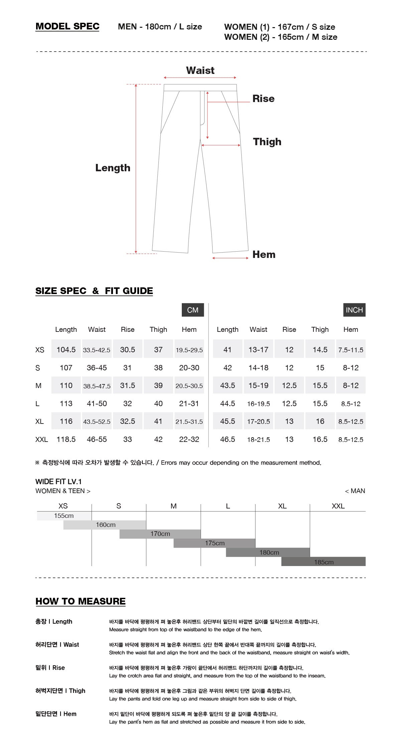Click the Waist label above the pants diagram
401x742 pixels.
(200, 71)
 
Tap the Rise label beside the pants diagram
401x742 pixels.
(263, 99)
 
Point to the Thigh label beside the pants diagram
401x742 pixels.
(267, 142)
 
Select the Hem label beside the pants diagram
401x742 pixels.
(264, 255)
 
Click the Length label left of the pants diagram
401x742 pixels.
(113, 168)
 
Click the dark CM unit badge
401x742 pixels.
(192, 310)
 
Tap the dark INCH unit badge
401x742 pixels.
(354, 310)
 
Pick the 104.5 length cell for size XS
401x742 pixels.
(66, 350)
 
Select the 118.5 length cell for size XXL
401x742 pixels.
(66, 439)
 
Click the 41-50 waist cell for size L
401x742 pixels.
(97, 403)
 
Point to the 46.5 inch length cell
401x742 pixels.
(227, 439)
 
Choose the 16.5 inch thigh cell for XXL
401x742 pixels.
(320, 439)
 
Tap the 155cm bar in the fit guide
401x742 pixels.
(64, 516)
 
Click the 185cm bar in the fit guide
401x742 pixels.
(323, 562)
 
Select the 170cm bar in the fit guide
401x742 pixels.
(160, 534)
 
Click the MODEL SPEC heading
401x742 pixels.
(67, 26)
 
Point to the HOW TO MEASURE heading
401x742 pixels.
(81, 601)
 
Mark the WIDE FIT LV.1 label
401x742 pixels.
(58, 482)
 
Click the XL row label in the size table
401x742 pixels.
(39, 422)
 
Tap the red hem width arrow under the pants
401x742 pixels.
(230, 258)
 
